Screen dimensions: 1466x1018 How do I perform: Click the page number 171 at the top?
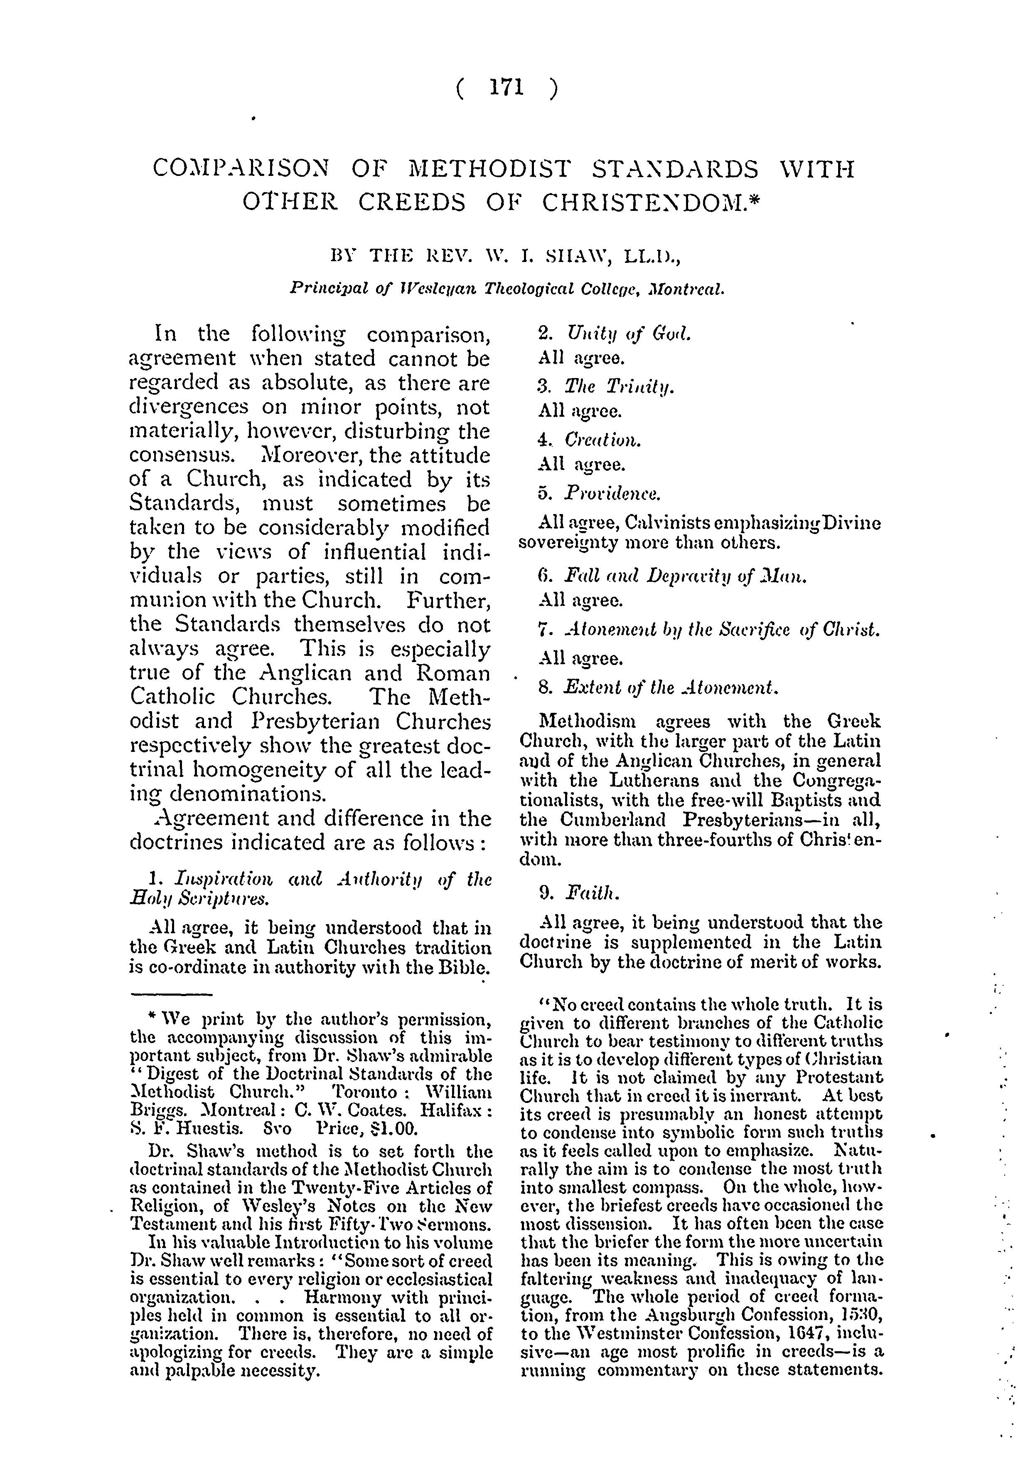click(x=507, y=87)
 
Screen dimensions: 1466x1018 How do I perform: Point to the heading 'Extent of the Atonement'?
click(x=671, y=687)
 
